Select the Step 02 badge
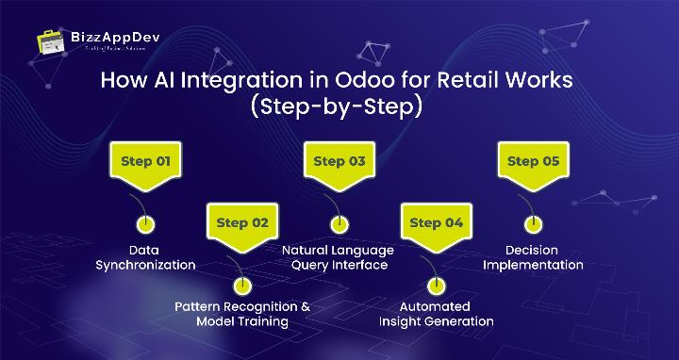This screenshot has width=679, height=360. (242, 223)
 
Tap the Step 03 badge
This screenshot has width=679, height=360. (339, 162)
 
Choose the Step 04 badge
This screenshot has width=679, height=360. (435, 223)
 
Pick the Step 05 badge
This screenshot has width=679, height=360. (533, 162)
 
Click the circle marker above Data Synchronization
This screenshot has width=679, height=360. (145, 225)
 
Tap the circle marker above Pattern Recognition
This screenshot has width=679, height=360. (242, 286)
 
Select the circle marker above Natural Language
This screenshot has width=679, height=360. (339, 225)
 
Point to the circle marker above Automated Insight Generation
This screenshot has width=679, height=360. (435, 286)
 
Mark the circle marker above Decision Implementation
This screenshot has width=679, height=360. (533, 225)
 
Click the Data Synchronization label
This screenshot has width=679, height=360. (145, 257)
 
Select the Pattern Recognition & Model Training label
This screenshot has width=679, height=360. (242, 313)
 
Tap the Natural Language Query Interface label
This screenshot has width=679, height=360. (339, 257)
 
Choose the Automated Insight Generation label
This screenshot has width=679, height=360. (435, 313)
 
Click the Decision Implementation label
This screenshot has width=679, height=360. (533, 257)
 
